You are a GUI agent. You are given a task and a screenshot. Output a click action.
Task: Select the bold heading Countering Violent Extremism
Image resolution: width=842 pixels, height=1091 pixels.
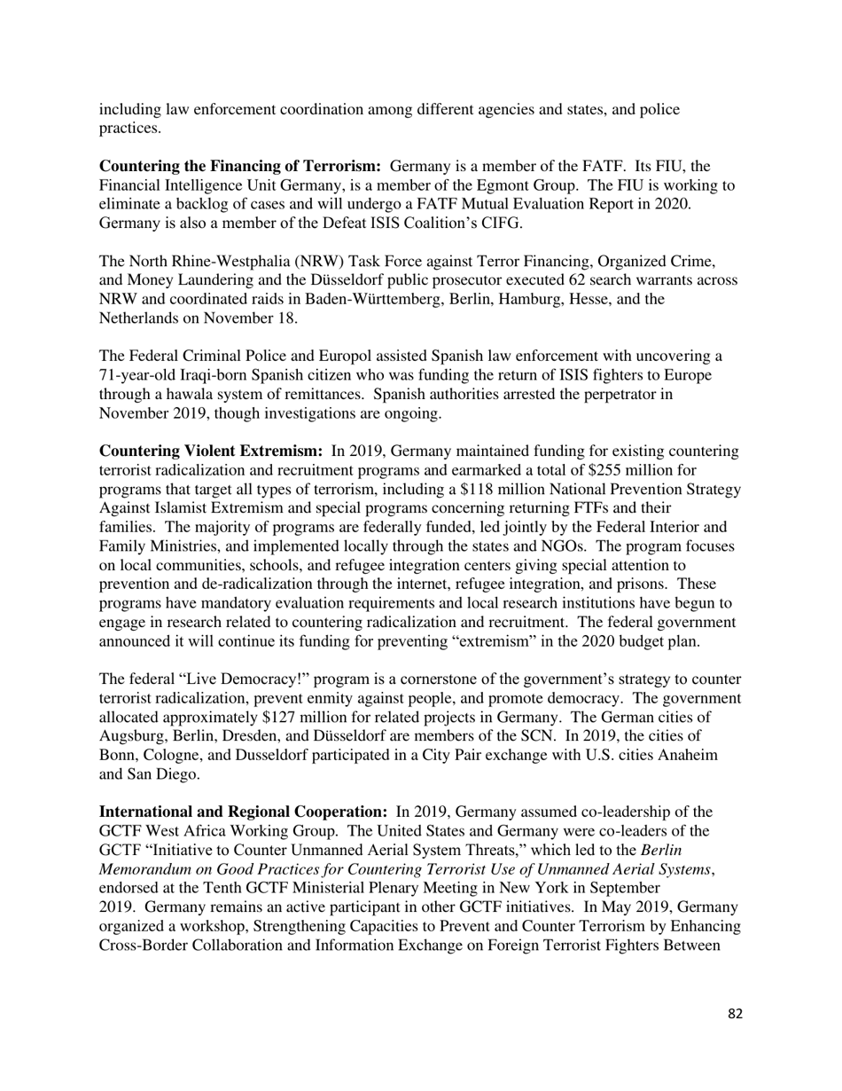210,451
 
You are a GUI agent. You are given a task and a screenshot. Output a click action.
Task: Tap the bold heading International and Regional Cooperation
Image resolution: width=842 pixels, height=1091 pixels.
243,812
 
